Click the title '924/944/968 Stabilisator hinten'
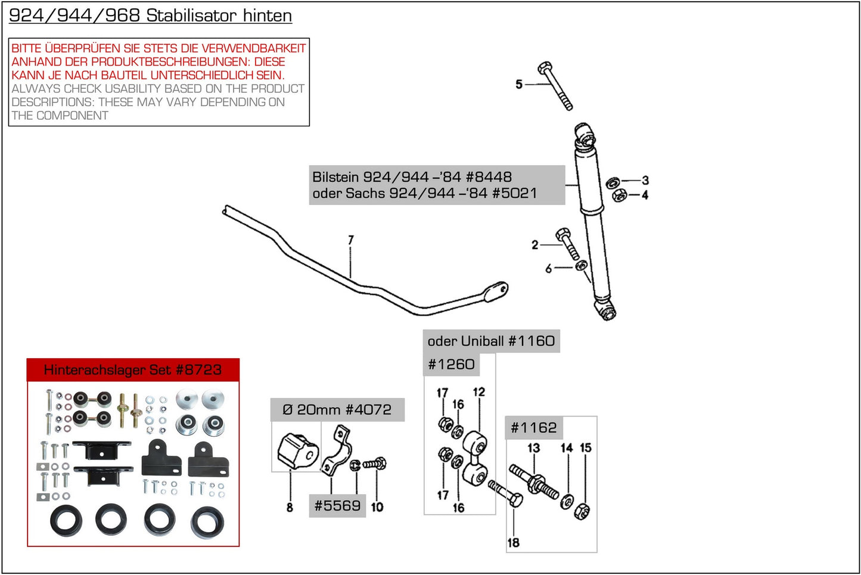tap(150, 15)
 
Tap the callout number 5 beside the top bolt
tap(519, 85)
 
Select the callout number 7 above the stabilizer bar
tap(351, 240)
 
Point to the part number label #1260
tap(451, 364)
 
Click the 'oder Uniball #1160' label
tap(491, 341)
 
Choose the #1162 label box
tap(533, 427)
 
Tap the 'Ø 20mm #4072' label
tap(337, 409)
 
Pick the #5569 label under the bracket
tap(337, 505)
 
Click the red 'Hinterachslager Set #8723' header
tap(133, 369)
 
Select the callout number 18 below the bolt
tap(513, 542)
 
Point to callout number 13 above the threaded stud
tap(533, 447)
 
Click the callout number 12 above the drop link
tap(479, 391)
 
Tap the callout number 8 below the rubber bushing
tap(290, 507)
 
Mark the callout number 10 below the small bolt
tap(377, 507)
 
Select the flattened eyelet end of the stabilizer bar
tap(496, 291)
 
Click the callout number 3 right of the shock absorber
tap(645, 180)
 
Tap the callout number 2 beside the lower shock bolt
tap(534, 244)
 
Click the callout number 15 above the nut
tap(586, 447)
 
